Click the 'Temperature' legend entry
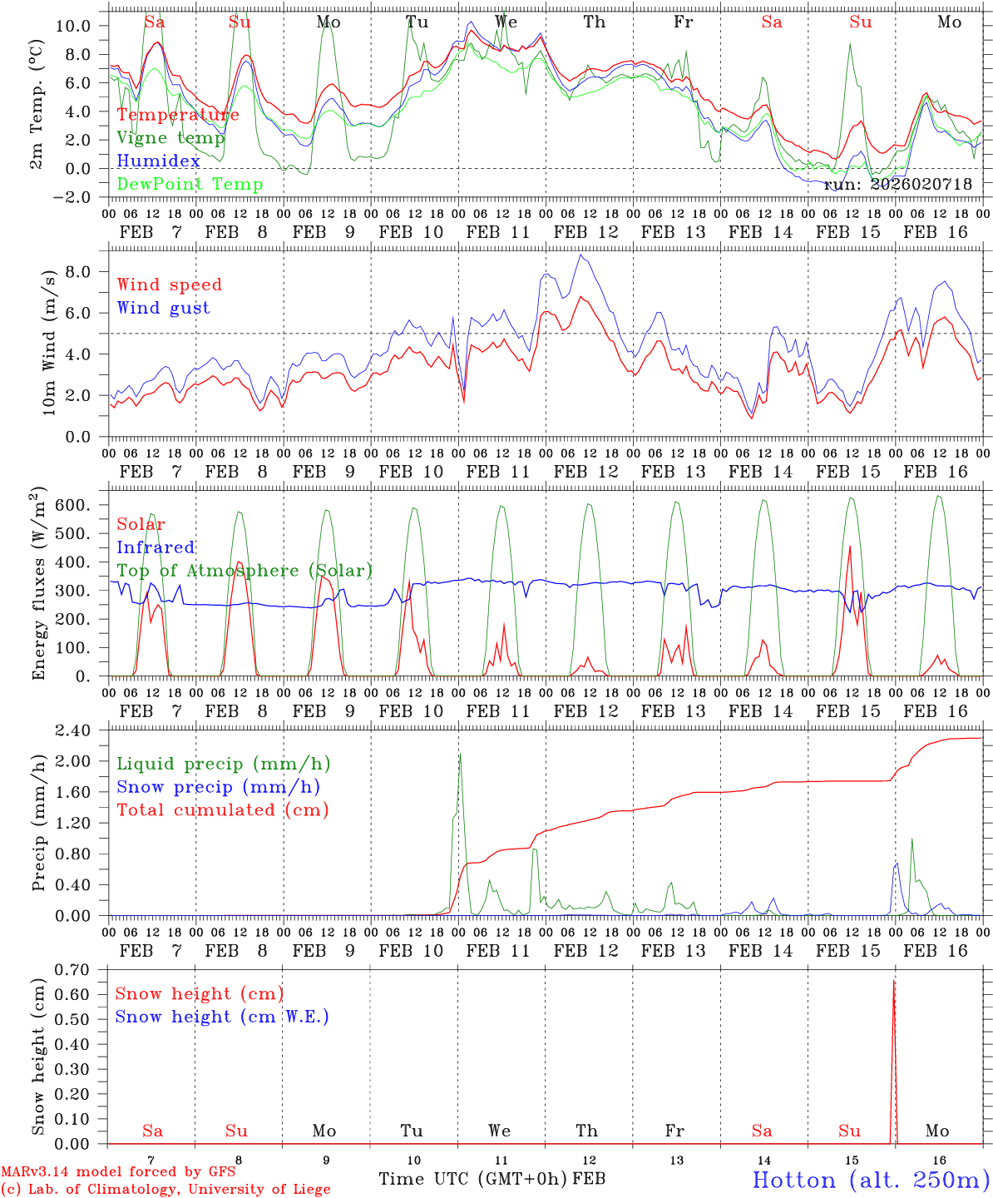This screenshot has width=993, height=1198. pyautogui.click(x=178, y=115)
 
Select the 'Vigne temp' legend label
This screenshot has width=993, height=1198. pyautogui.click(x=170, y=138)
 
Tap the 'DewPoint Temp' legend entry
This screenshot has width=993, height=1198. pyautogui.click(x=190, y=185)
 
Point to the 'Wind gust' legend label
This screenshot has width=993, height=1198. pyautogui.click(x=163, y=308)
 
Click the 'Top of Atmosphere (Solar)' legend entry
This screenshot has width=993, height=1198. pyautogui.click(x=245, y=571)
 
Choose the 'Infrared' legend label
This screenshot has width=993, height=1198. pyautogui.click(x=156, y=547)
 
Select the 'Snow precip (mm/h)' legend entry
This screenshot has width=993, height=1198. pyautogui.click(x=218, y=787)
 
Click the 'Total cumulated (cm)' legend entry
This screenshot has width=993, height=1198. pyautogui.click(x=222, y=810)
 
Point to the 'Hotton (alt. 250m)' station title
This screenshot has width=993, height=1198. pyautogui.click(x=870, y=1180)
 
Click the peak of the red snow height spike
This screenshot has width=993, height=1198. pyautogui.click(x=894, y=982)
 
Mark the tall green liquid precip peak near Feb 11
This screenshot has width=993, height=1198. pyautogui.click(x=460, y=755)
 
